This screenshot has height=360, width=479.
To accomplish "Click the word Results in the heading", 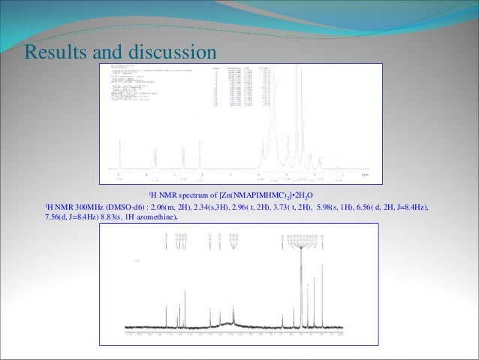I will (x=54, y=52).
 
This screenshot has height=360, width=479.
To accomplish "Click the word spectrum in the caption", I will (x=197, y=195).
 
